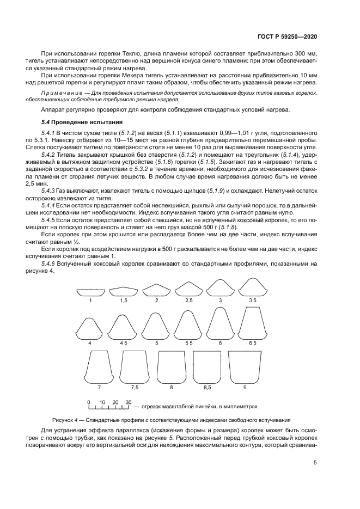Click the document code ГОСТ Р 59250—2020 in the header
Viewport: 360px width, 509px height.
[288, 36]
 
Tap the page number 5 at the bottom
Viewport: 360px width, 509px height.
[315, 463]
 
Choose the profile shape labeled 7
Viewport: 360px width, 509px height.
[99, 368]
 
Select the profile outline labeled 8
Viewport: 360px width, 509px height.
[172, 368]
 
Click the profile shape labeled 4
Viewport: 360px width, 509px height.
[90, 329]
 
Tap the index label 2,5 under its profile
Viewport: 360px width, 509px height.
[188, 300]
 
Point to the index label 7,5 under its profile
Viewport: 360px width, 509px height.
[135, 387]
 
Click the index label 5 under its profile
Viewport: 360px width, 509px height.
[156, 344]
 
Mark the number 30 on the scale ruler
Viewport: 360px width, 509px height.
[129, 402]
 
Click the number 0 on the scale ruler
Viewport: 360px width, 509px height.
[89, 402]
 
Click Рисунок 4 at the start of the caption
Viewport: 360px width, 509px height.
[65, 420]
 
